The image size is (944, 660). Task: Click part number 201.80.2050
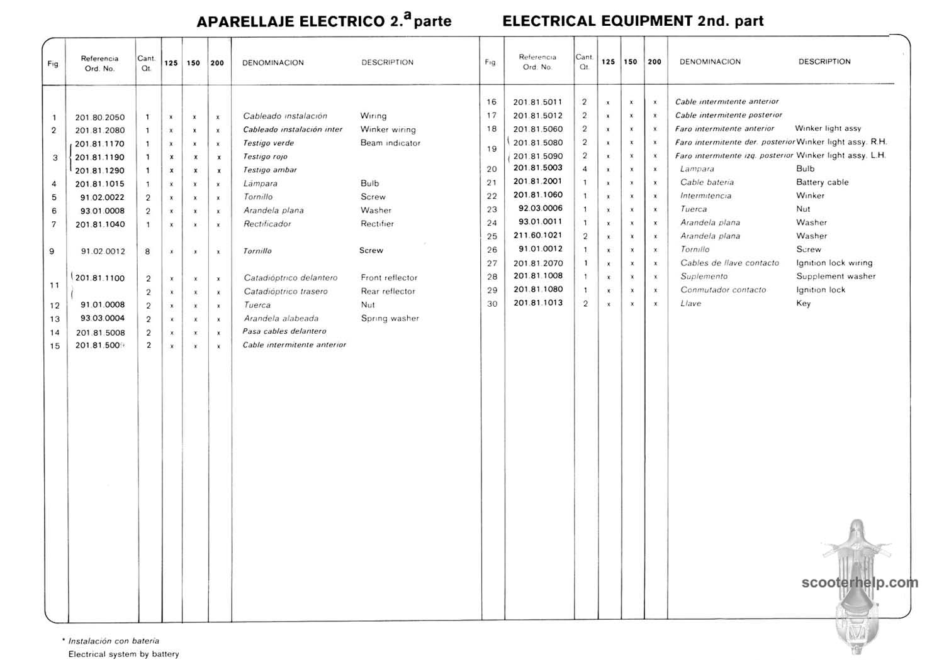[x=100, y=118]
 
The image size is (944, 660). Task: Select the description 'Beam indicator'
[x=390, y=143]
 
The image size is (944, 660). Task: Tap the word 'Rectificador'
[x=267, y=224]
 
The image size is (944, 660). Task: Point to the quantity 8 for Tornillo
[x=148, y=251]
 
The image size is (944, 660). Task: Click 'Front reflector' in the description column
[x=389, y=278]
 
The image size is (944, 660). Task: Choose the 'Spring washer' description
[x=390, y=319]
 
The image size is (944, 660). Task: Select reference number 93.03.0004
[x=103, y=319]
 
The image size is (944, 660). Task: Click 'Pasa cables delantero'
[x=284, y=331]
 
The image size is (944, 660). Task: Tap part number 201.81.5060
[x=537, y=129]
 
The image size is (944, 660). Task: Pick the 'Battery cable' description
[x=822, y=182]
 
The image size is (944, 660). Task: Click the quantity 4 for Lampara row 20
[x=585, y=169]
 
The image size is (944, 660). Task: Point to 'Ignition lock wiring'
[x=834, y=263]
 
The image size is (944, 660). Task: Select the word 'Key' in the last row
[x=803, y=304]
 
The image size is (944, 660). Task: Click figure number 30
[x=492, y=304]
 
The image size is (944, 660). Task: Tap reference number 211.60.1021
[x=537, y=236]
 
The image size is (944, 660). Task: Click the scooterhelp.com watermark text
[x=860, y=583]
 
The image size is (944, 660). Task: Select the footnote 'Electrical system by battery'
[x=123, y=654]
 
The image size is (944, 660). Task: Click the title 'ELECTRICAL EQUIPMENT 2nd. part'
[x=632, y=21]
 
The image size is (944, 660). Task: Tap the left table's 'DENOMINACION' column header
[x=273, y=63]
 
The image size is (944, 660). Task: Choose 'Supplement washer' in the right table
[x=836, y=277]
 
